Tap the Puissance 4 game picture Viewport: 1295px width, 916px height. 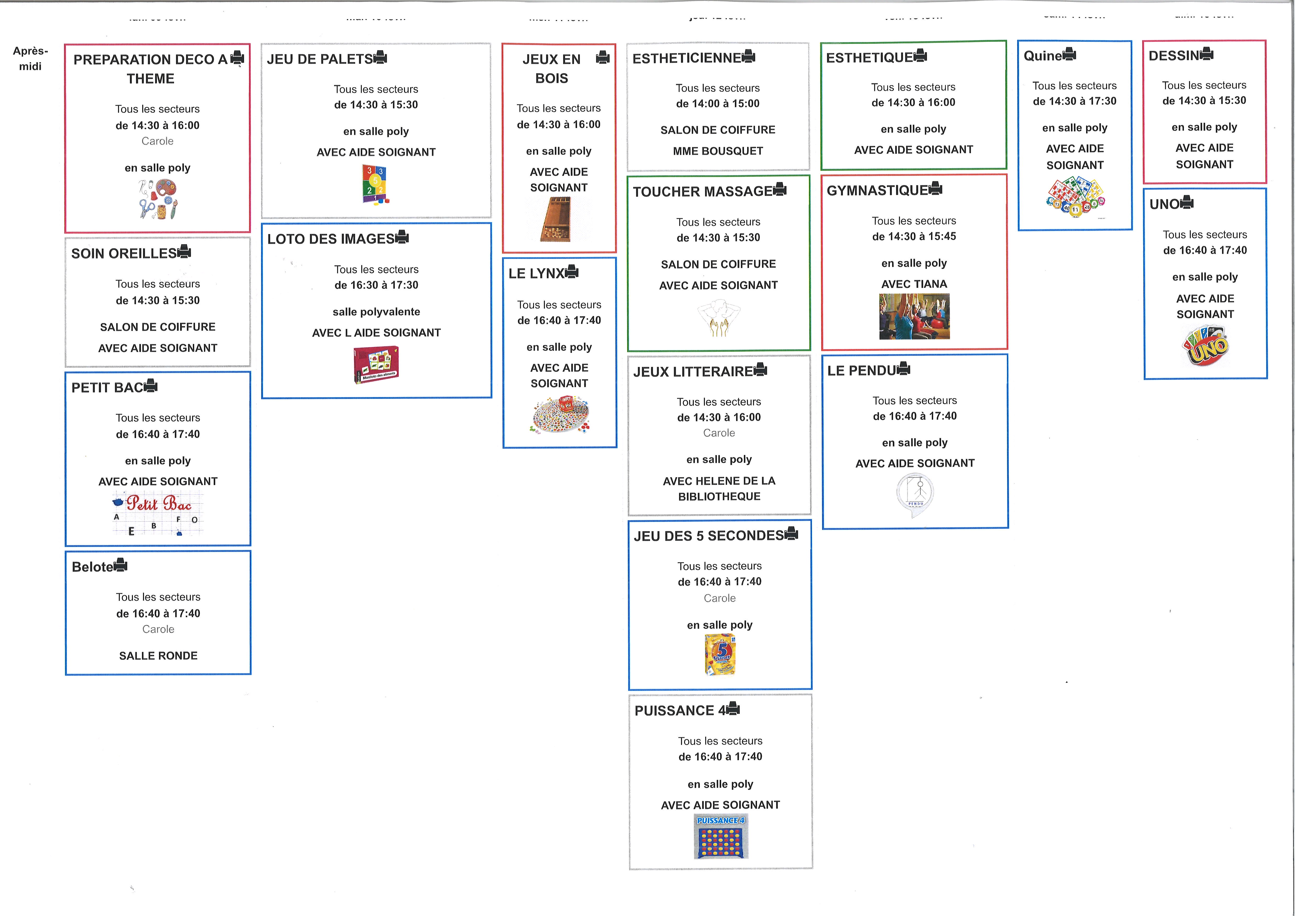coord(721,836)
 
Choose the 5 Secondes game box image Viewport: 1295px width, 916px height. coord(720,654)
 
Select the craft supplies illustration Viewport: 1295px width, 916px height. coord(158,199)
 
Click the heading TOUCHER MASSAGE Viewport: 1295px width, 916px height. coord(702,192)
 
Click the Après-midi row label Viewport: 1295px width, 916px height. coord(31,58)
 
